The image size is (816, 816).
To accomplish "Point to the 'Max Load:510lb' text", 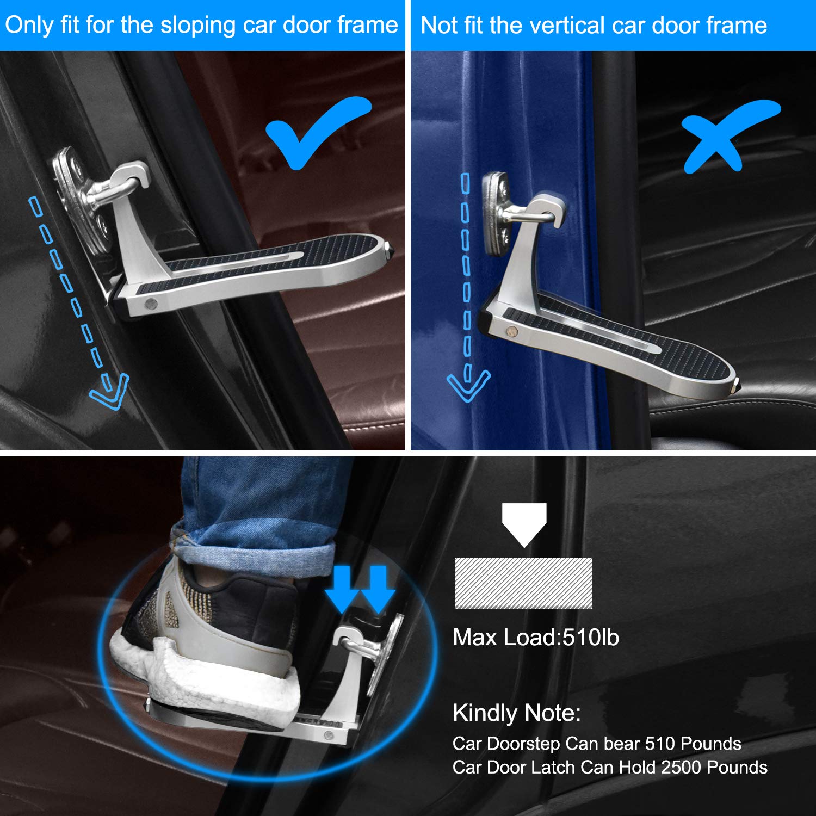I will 536,638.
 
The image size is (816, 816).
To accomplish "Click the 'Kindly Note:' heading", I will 516,713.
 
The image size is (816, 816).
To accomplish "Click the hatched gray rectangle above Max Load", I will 523,583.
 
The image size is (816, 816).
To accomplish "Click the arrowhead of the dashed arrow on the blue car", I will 468,385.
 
